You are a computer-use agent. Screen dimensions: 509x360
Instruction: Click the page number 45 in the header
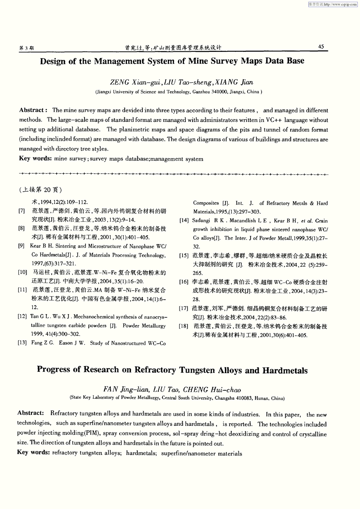[x=321, y=46]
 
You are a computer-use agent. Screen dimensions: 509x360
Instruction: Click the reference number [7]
[x=22, y=211]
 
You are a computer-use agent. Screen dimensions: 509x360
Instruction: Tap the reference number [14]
[x=184, y=221]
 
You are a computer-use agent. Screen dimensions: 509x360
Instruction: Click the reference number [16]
[x=184, y=282]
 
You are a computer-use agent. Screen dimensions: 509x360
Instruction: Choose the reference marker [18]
[x=184, y=326]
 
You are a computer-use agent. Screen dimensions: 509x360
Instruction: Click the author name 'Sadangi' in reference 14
[x=201, y=221]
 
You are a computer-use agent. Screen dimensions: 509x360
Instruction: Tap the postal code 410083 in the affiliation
[x=241, y=398]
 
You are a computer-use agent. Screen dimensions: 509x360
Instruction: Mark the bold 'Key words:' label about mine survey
[x=34, y=158]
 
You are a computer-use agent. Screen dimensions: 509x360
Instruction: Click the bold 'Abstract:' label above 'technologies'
[x=31, y=413]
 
